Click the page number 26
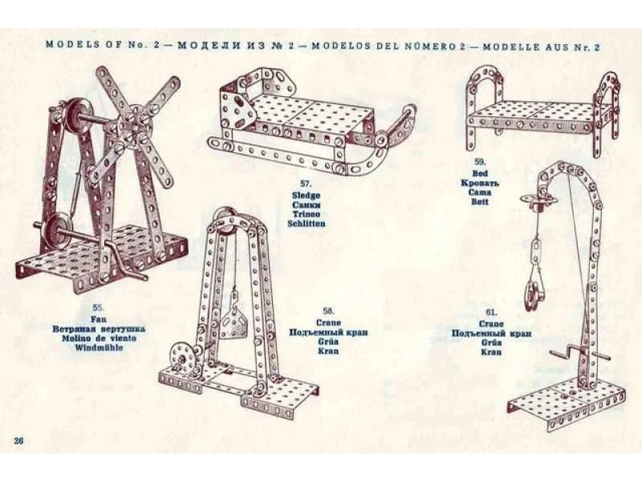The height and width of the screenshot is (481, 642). (18, 440)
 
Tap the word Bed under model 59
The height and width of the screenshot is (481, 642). (480, 173)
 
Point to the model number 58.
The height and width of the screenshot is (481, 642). (327, 310)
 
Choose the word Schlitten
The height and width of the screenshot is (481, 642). (307, 224)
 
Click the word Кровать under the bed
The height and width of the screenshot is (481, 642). (480, 183)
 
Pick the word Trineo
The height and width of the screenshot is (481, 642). (307, 214)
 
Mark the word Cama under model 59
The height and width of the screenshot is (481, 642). (480, 192)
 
